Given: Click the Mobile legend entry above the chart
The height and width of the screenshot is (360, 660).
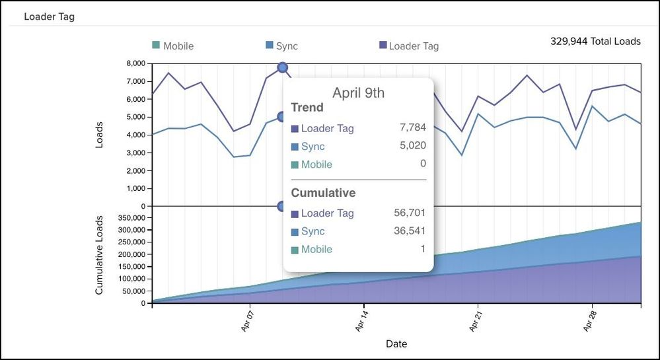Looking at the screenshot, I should click(x=173, y=46).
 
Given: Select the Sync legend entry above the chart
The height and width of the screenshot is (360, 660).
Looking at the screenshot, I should click(x=282, y=46).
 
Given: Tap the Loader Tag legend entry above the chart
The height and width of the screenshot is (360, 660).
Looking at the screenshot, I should click(x=409, y=46).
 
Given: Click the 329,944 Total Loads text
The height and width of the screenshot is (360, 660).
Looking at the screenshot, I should click(x=595, y=41).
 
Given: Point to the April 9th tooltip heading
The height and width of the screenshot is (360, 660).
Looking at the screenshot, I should click(x=358, y=92).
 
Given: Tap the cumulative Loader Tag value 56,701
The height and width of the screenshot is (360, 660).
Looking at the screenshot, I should click(x=410, y=213).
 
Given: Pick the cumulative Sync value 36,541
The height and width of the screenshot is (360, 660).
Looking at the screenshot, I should click(x=410, y=231).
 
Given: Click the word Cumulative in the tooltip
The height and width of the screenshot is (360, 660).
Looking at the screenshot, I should click(x=323, y=193).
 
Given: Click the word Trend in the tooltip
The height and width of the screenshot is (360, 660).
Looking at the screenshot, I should click(x=307, y=108).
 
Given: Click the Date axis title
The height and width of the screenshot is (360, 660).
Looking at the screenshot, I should click(x=396, y=344).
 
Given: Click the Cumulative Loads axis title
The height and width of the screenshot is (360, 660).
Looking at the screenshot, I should click(x=100, y=255).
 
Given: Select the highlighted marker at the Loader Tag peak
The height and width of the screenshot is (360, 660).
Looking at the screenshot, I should click(x=283, y=67).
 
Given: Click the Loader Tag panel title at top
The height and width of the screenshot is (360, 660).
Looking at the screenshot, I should click(x=49, y=17).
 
